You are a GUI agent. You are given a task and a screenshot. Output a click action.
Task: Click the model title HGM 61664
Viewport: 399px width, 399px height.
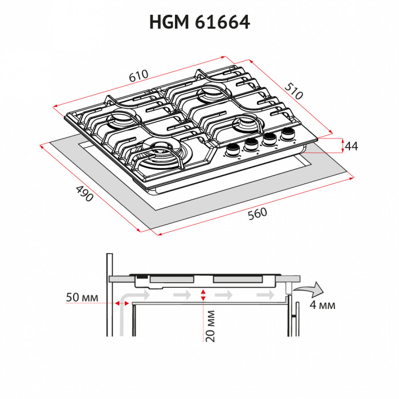pyautogui.click(x=199, y=22)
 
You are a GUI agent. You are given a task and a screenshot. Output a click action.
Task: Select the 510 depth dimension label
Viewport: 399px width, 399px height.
pyautogui.click(x=294, y=91)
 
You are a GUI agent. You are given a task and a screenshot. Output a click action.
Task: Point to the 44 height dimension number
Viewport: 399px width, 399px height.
pyautogui.click(x=351, y=146)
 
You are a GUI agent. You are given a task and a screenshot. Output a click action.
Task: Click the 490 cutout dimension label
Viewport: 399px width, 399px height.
pyautogui.click(x=84, y=194)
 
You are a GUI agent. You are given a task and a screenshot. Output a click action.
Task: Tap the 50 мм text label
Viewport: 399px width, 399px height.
pyautogui.click(x=82, y=298)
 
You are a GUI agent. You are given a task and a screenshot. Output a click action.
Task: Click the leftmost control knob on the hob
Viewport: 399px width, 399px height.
pyautogui.click(x=233, y=149)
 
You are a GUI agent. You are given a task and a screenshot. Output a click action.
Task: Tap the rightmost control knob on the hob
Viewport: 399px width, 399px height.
pyautogui.click(x=286, y=135)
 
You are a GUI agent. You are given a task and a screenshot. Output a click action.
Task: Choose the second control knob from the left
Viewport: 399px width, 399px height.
pyautogui.click(x=251, y=145)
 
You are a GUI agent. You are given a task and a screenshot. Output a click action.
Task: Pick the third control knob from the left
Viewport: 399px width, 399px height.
pyautogui.click(x=269, y=140)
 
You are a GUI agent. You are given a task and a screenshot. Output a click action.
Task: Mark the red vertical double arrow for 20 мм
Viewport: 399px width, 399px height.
pyautogui.click(x=203, y=295)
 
